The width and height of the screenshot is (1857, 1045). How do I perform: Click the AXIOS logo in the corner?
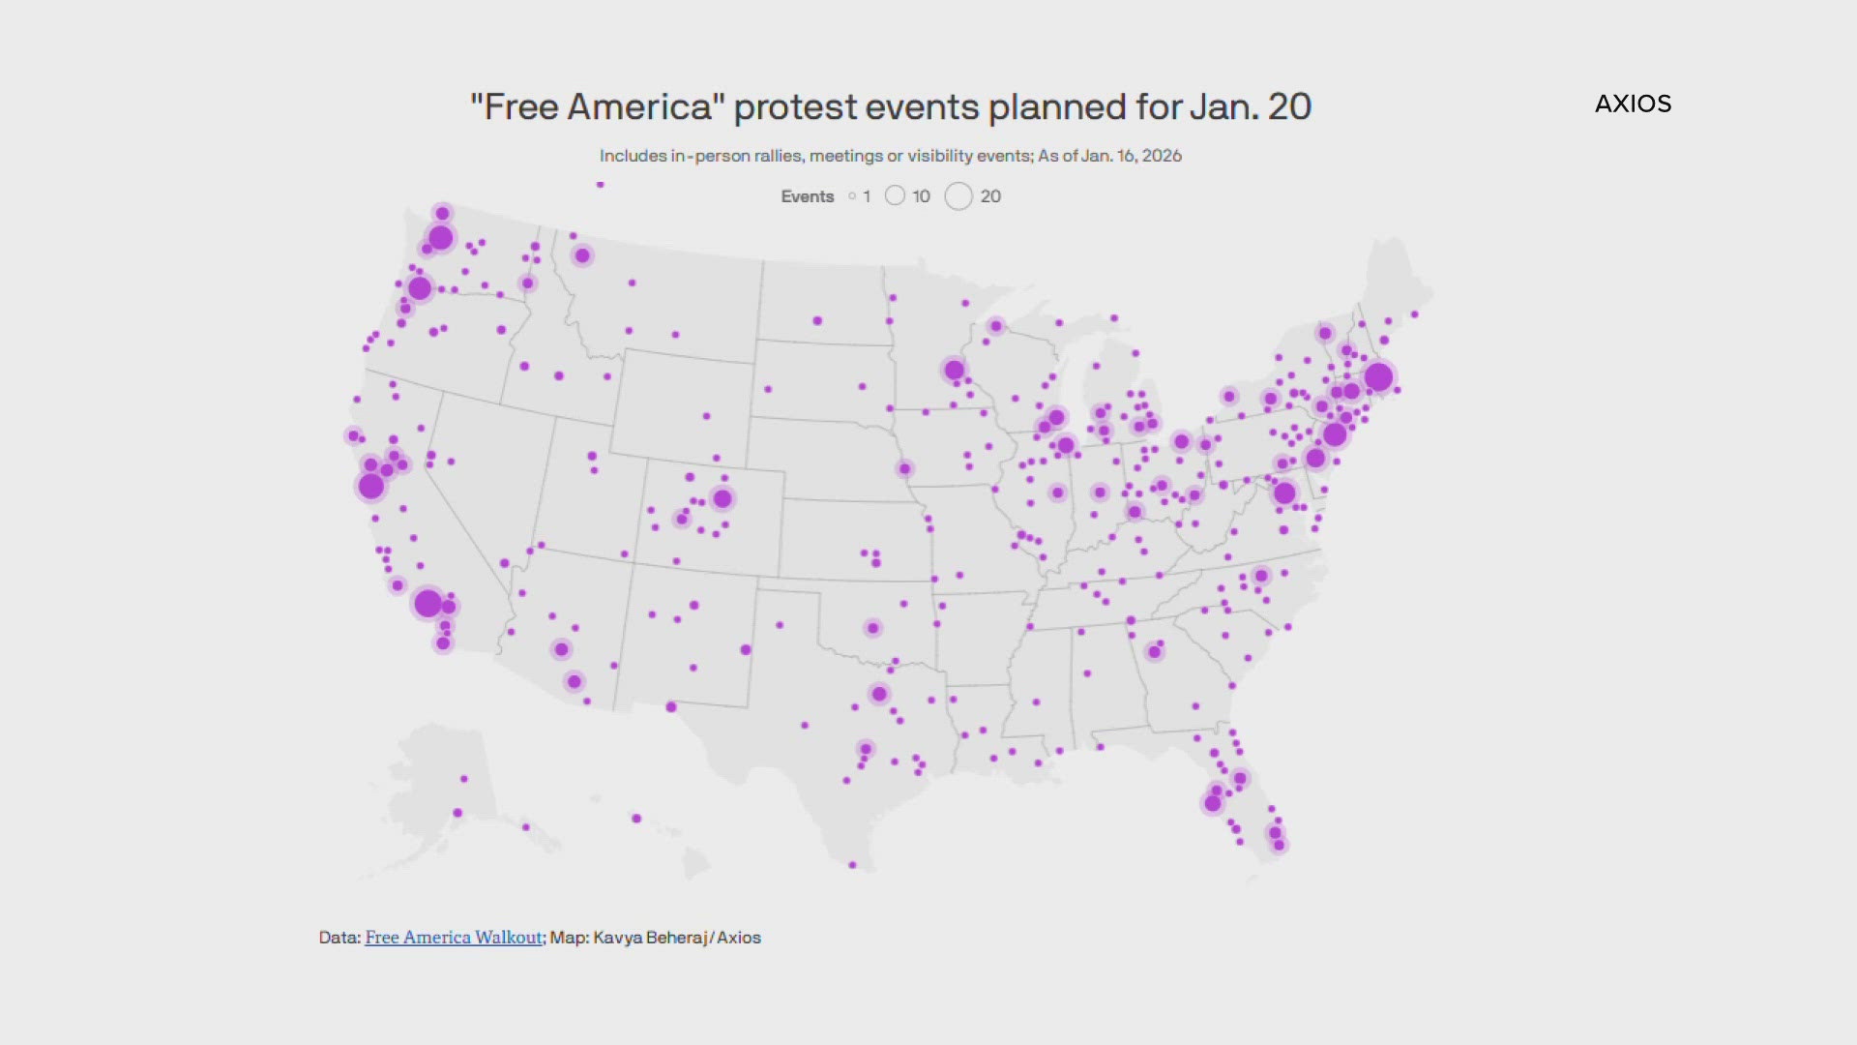coord(1633,104)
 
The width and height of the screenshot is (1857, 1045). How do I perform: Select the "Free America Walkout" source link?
coord(453,937)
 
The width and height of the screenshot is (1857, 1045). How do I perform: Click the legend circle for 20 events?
coord(958,196)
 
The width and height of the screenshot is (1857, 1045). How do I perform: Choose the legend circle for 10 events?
coord(895,196)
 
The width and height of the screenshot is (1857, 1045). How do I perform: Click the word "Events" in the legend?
coord(807,196)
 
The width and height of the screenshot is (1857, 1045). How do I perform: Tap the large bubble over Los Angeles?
coord(427,603)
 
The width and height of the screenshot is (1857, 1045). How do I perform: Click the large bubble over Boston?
coord(1378,376)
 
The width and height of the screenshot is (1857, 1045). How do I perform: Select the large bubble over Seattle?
coord(440,237)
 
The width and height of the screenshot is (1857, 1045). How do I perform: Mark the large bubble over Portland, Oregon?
coord(419,287)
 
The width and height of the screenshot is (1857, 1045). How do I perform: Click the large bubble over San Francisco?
coord(371,486)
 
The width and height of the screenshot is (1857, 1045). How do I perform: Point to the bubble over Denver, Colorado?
coord(722,498)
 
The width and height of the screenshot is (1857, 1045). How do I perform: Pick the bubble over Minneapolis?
coord(955,369)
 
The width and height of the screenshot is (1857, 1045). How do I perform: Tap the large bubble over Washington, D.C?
coord(1284,493)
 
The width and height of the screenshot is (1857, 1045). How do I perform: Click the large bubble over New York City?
coord(1335,434)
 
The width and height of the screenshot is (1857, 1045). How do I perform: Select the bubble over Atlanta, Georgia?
coord(1154,651)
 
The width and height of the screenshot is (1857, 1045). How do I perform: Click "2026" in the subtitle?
coord(1162,156)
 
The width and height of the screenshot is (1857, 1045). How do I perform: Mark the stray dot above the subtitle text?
coord(601,184)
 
